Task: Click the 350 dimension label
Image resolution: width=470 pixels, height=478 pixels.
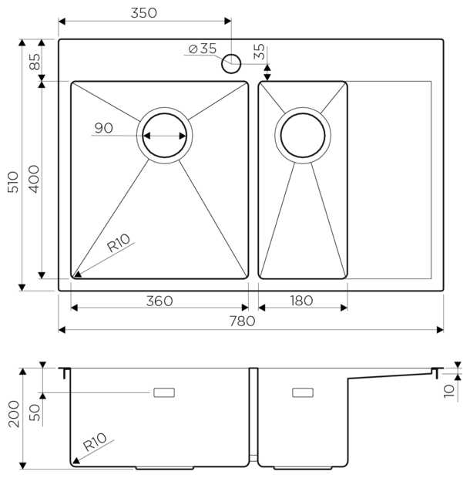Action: pyautogui.click(x=144, y=12)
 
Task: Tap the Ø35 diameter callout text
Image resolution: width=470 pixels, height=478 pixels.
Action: pyautogui.click(x=202, y=49)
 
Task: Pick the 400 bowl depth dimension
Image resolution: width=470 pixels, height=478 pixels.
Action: pyautogui.click(x=35, y=179)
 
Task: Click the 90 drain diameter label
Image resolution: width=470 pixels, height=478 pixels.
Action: pyautogui.click(x=104, y=128)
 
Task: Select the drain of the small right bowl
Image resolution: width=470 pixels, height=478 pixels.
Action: pyautogui.click(x=302, y=135)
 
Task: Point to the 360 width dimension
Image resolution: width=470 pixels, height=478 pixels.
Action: pyautogui.click(x=159, y=301)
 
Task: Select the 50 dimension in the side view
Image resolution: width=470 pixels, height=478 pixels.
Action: pyautogui.click(x=35, y=412)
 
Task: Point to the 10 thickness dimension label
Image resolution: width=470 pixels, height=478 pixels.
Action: pyautogui.click(x=449, y=391)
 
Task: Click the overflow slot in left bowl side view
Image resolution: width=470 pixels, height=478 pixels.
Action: pyautogui.click(x=165, y=392)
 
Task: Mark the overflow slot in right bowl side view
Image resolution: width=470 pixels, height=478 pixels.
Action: pyautogui.click(x=303, y=392)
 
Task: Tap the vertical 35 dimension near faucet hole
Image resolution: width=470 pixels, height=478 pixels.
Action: pyautogui.click(x=260, y=52)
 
